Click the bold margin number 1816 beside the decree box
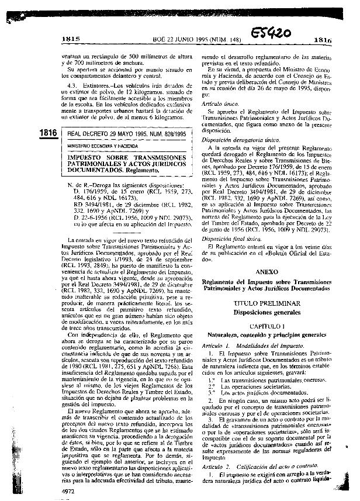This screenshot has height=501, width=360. tap(47, 133)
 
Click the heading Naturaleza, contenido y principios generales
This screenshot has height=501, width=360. tap(266, 334)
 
